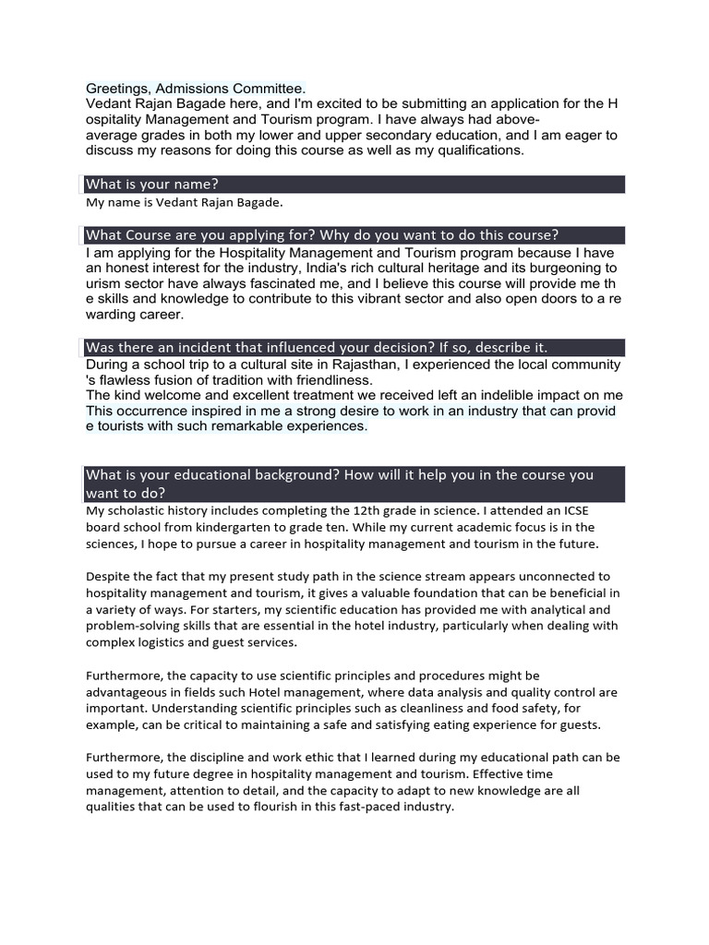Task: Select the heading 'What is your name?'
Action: click(x=152, y=185)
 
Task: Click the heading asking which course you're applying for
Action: click(x=322, y=235)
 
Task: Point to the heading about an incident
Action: click(x=317, y=348)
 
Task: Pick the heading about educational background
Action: click(x=339, y=484)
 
